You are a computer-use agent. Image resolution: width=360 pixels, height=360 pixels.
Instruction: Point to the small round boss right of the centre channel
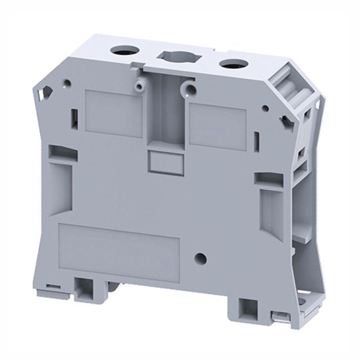point(191,88)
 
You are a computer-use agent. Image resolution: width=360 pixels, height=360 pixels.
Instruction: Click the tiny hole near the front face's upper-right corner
point(266,108)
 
